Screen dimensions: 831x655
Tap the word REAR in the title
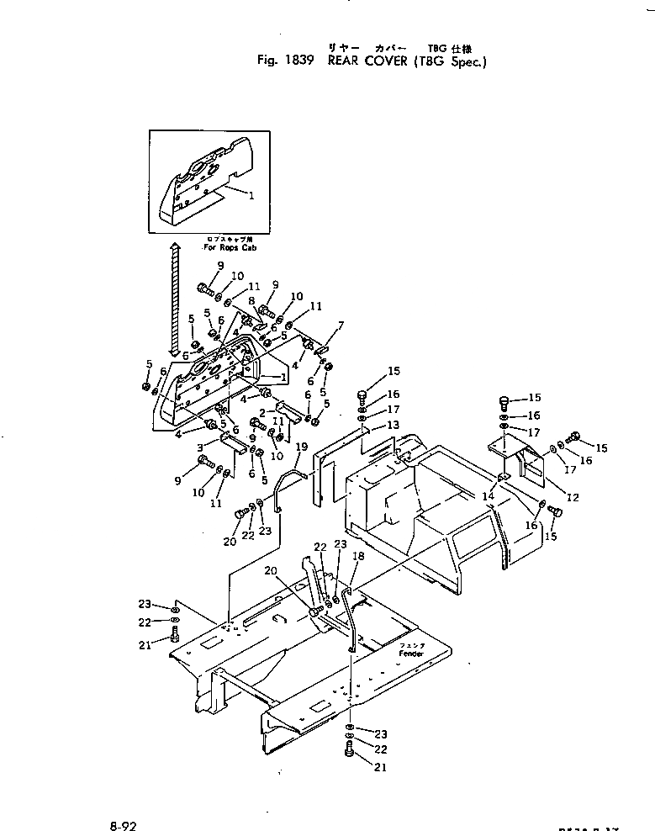coord(346,61)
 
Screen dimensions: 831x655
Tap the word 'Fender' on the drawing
coord(411,653)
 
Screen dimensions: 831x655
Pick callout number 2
coord(261,413)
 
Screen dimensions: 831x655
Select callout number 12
coord(573,497)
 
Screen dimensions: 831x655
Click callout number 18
coord(359,557)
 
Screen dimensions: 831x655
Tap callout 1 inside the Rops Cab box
coord(251,194)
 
